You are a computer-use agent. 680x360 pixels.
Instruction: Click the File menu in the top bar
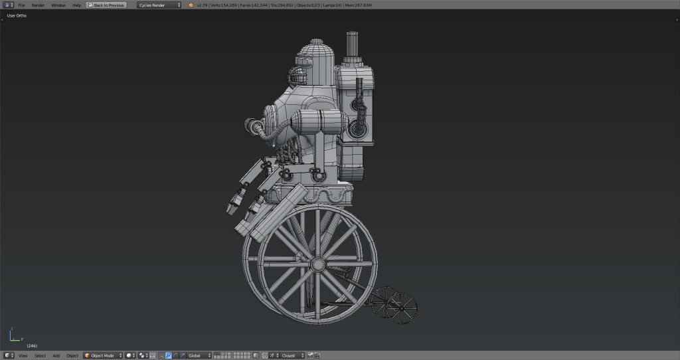click(x=22, y=5)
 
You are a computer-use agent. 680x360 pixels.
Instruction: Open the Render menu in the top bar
click(x=38, y=5)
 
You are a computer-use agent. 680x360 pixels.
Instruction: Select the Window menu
click(x=58, y=5)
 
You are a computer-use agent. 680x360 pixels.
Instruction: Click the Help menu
click(x=77, y=5)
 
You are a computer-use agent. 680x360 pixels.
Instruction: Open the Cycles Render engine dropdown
click(x=159, y=5)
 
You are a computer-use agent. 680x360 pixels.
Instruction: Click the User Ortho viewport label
click(x=17, y=15)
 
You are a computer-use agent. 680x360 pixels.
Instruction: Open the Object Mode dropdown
click(x=103, y=355)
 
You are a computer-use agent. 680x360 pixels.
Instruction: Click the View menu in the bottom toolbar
click(x=23, y=355)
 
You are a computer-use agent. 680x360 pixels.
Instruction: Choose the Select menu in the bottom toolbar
click(x=41, y=355)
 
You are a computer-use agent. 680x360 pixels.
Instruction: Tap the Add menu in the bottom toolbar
click(x=56, y=355)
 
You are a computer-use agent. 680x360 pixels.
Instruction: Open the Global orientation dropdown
click(x=199, y=355)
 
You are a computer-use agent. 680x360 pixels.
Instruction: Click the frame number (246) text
click(x=32, y=346)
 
